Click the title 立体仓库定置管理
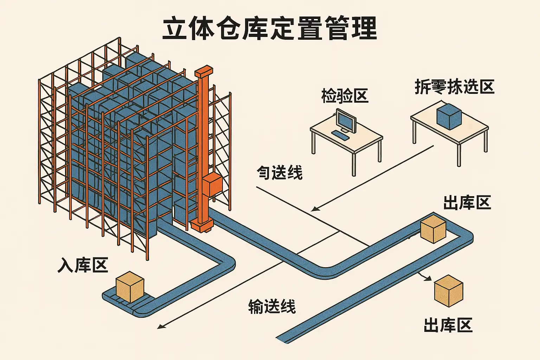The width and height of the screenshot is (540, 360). (x=270, y=28)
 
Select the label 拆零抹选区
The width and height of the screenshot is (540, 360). (x=455, y=86)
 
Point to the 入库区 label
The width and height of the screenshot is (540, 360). (x=83, y=265)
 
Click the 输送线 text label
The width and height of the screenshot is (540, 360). (x=272, y=306)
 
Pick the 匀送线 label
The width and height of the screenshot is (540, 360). (x=279, y=173)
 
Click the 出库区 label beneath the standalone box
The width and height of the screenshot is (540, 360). (x=448, y=325)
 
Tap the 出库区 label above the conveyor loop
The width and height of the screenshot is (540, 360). (x=467, y=203)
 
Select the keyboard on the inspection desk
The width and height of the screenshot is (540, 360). (x=340, y=135)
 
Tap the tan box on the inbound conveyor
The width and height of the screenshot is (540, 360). (x=130, y=287)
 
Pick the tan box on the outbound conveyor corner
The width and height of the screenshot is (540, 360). (x=433, y=229)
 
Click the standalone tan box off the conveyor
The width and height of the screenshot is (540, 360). (x=449, y=291)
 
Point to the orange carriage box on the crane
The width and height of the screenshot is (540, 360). (x=212, y=185)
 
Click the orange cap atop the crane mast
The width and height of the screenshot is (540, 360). (x=204, y=72)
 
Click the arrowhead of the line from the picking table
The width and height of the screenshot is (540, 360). (x=314, y=210)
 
